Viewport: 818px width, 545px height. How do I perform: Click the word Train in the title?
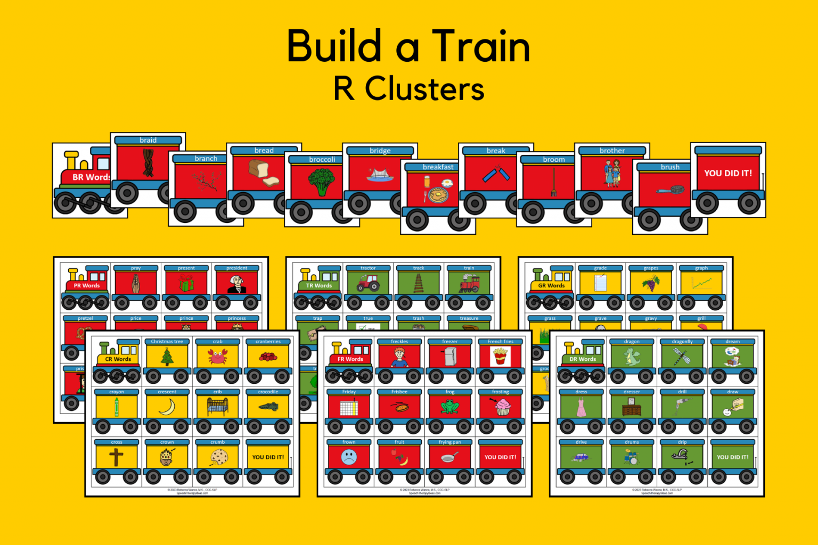coord(480,47)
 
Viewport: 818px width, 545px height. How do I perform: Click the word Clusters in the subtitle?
coord(424,88)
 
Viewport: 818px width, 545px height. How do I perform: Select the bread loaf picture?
coord(264,172)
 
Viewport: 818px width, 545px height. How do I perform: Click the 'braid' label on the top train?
coord(148,140)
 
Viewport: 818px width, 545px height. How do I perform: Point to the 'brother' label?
coord(612,151)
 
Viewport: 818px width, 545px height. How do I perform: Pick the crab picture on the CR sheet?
coord(217,357)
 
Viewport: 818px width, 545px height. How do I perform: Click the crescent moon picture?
coord(167,407)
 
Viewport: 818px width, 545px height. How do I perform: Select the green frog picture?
coord(449,407)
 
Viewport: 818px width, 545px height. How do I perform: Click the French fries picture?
coord(500,356)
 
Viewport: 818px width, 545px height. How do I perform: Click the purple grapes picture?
coord(650,283)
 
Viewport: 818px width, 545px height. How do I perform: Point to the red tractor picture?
coord(367,283)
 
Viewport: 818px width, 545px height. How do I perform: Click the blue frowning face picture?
coord(349,457)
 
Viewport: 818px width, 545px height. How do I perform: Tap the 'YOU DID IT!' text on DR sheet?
coord(732,457)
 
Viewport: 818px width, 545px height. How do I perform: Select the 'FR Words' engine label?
coord(350,359)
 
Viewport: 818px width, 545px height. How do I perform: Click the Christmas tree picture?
coord(167,357)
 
